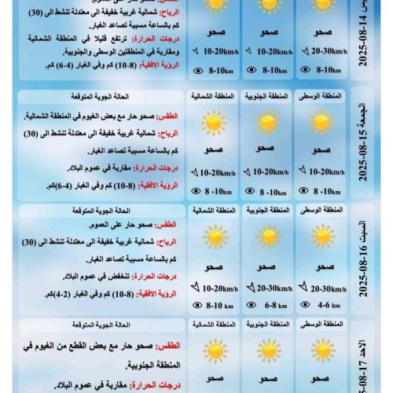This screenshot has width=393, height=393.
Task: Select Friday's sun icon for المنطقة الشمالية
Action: [212, 123]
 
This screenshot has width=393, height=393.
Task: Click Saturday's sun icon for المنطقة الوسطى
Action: [321, 237]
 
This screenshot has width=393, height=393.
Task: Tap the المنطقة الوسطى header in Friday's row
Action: [321, 96]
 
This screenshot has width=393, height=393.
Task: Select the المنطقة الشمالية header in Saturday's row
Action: [213, 210]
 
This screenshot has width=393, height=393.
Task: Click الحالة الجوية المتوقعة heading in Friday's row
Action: [150, 96]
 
